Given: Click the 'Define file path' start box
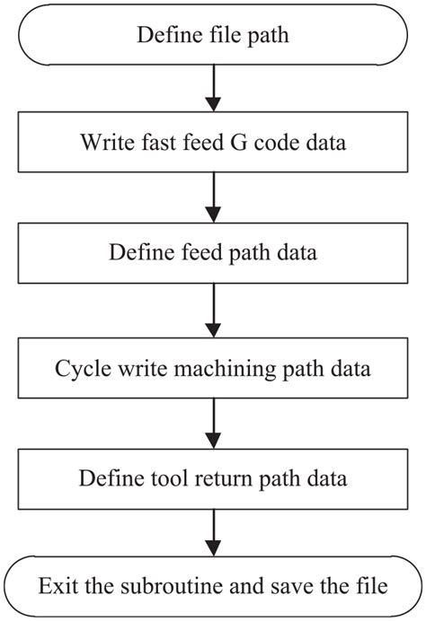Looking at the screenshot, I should pos(212,36).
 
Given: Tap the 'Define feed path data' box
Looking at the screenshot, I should pos(212,252).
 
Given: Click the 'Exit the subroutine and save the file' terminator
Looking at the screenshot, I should pos(212,587).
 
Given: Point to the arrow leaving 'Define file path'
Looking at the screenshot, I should pos(213,88).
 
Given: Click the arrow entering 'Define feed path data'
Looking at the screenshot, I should pos(213,197).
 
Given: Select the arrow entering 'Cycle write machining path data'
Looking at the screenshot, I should pos(213,310).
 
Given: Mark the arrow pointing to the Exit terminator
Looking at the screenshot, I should pos(213,533).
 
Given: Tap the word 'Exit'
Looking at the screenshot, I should pos(56,587).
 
